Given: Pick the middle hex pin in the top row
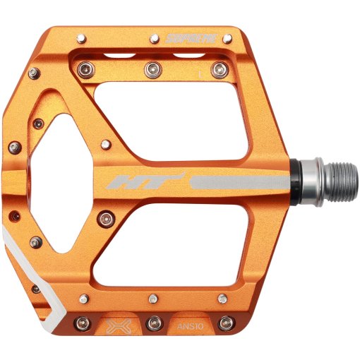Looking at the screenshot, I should (x=152, y=69).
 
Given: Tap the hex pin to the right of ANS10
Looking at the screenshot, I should (x=226, y=324).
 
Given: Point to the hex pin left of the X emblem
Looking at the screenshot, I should (x=83, y=324).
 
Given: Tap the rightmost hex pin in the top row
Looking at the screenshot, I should (x=220, y=69).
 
